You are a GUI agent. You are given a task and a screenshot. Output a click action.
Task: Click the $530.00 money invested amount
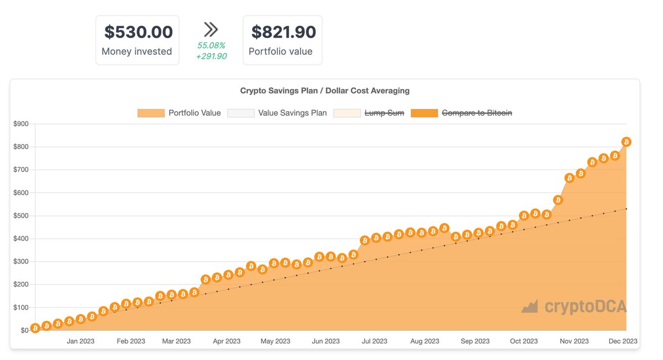tap(138, 32)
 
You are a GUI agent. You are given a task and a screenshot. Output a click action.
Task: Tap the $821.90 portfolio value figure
tap(283, 32)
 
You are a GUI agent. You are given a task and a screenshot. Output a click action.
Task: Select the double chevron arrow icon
tap(211, 29)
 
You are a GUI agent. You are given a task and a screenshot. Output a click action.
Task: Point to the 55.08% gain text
tap(211, 45)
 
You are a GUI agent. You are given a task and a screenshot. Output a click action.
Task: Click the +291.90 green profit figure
tap(211, 56)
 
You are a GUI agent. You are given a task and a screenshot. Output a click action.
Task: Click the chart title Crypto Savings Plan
tap(324, 91)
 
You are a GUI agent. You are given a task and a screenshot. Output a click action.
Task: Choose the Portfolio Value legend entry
tap(179, 113)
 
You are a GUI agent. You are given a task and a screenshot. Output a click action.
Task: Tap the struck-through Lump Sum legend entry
tap(369, 113)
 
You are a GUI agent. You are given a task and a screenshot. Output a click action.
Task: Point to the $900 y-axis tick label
tap(21, 124)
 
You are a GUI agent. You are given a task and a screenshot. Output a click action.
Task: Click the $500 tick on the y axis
tap(21, 216)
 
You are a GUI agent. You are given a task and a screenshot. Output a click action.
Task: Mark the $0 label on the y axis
tap(24, 331)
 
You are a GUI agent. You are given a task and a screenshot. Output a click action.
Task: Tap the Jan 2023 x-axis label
tap(81, 341)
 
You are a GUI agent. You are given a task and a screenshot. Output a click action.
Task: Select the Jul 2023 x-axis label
tap(375, 341)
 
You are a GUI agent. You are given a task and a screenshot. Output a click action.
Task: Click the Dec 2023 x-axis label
tap(623, 341)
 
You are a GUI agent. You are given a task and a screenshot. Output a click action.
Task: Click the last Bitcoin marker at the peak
tap(626, 142)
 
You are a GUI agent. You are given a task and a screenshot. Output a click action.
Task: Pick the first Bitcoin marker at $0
tap(35, 329)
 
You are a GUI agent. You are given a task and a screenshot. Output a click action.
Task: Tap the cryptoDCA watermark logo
tap(574, 306)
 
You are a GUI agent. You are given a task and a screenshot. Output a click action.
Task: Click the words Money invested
tap(137, 51)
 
